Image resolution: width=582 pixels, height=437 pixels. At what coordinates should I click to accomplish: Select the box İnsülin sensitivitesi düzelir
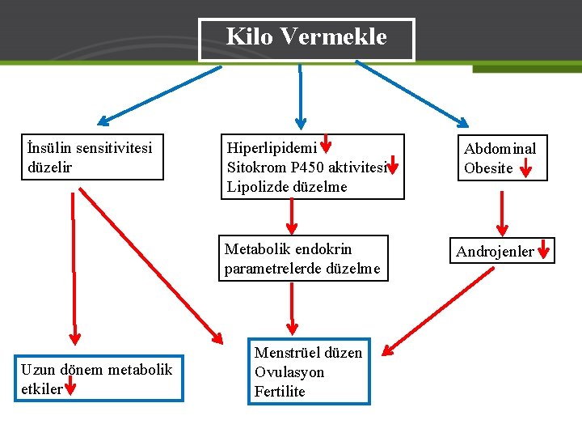[x=94, y=157]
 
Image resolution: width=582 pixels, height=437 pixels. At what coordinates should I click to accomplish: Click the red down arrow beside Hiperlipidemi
[x=325, y=143]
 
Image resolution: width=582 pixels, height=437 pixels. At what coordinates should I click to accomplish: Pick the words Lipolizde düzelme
[x=287, y=187]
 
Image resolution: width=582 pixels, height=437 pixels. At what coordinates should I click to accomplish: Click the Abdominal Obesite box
[x=501, y=158]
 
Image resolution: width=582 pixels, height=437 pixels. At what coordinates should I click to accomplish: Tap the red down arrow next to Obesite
[x=525, y=168]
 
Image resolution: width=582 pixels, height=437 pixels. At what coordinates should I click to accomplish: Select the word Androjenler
[x=495, y=252]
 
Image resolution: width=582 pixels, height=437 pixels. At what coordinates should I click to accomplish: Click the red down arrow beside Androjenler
[x=544, y=249]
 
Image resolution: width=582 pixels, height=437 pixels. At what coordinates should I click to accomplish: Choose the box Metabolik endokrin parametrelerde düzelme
[x=302, y=259]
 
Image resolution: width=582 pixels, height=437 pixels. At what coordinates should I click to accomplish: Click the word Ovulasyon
[x=289, y=372]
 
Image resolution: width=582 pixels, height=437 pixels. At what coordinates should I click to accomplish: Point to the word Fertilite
[x=280, y=392]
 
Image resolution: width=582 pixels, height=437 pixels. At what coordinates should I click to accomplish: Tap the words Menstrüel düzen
[x=308, y=353]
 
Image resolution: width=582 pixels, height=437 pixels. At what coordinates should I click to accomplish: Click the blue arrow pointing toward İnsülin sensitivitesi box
[x=157, y=96]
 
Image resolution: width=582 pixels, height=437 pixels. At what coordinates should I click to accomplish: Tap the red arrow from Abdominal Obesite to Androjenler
[x=502, y=213]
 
